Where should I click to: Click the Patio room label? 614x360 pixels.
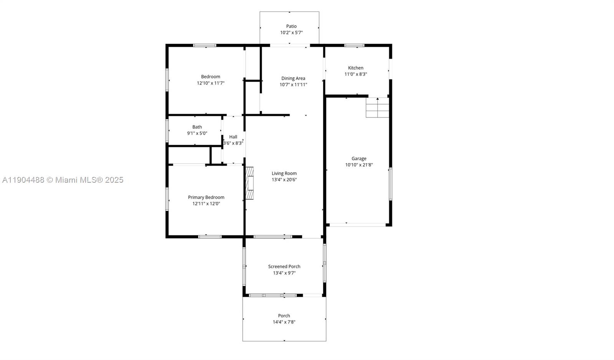(x=291, y=26)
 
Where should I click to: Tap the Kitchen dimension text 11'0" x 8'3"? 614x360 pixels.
(x=355, y=74)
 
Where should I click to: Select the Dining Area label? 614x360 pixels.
(x=293, y=78)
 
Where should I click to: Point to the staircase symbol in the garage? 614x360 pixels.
(x=378, y=108)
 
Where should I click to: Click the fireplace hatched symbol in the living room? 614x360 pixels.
(x=250, y=183)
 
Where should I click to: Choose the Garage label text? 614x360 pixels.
(x=359, y=158)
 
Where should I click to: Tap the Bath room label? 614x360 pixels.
(x=197, y=127)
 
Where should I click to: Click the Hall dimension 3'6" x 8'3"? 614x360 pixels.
(x=233, y=143)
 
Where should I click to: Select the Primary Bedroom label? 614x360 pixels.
(x=206, y=197)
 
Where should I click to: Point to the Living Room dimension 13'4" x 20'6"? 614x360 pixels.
(x=284, y=180)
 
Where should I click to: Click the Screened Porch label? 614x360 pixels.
(x=284, y=266)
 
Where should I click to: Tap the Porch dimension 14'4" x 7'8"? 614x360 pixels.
(x=284, y=322)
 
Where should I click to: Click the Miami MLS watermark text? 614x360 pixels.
(x=63, y=180)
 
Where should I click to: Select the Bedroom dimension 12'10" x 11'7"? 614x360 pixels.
(x=210, y=83)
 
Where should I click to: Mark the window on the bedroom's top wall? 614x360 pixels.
(x=205, y=45)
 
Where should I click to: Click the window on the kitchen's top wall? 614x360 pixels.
(x=354, y=45)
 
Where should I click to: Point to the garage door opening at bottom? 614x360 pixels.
(x=358, y=225)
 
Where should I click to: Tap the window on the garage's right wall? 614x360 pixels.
(x=390, y=184)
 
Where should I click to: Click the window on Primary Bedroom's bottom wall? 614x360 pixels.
(x=210, y=236)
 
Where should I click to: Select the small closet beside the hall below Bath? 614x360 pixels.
(x=189, y=155)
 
